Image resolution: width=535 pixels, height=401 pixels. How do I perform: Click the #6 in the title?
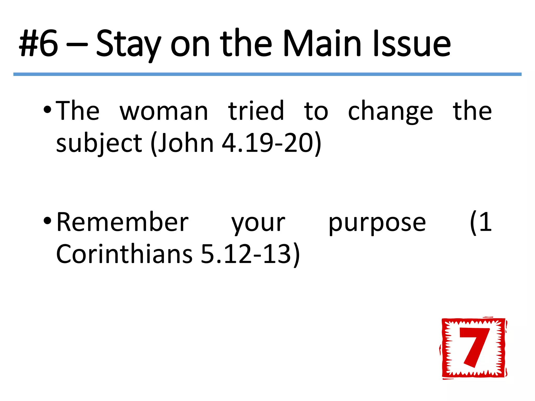click(x=39, y=43)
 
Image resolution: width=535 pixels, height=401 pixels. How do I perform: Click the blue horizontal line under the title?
click(x=267, y=74)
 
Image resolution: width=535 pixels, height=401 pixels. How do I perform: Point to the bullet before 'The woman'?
click(x=48, y=110)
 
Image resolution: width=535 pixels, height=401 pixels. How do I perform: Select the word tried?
click(x=256, y=111)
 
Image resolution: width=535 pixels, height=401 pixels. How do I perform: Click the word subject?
click(x=99, y=143)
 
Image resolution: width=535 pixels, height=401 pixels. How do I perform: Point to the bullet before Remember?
click(x=48, y=221)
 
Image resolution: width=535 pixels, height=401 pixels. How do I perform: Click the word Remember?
click(x=122, y=222)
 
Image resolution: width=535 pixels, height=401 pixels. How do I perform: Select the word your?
click(x=258, y=223)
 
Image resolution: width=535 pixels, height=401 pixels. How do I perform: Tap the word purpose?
click(x=377, y=223)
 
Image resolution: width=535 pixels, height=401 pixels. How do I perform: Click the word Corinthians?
click(x=124, y=254)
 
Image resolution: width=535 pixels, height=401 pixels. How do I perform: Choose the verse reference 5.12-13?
click(x=246, y=254)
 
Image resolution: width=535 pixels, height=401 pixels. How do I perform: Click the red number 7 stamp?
click(x=473, y=348)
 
